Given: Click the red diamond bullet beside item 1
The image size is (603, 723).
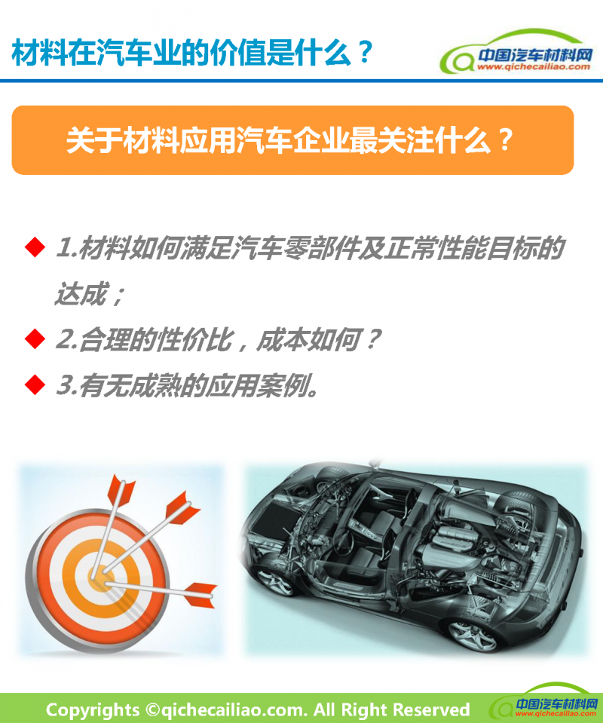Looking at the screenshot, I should tap(33, 247).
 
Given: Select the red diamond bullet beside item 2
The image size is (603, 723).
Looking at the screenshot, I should tap(33, 339).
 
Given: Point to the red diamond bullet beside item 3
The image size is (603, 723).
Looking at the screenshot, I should tap(33, 385).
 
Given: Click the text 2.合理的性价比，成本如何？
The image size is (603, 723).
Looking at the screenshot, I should tap(215, 340).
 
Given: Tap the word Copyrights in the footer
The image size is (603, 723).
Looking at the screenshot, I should tap(93, 709).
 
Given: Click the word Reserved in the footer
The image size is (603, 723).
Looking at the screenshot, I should tap(430, 709).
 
